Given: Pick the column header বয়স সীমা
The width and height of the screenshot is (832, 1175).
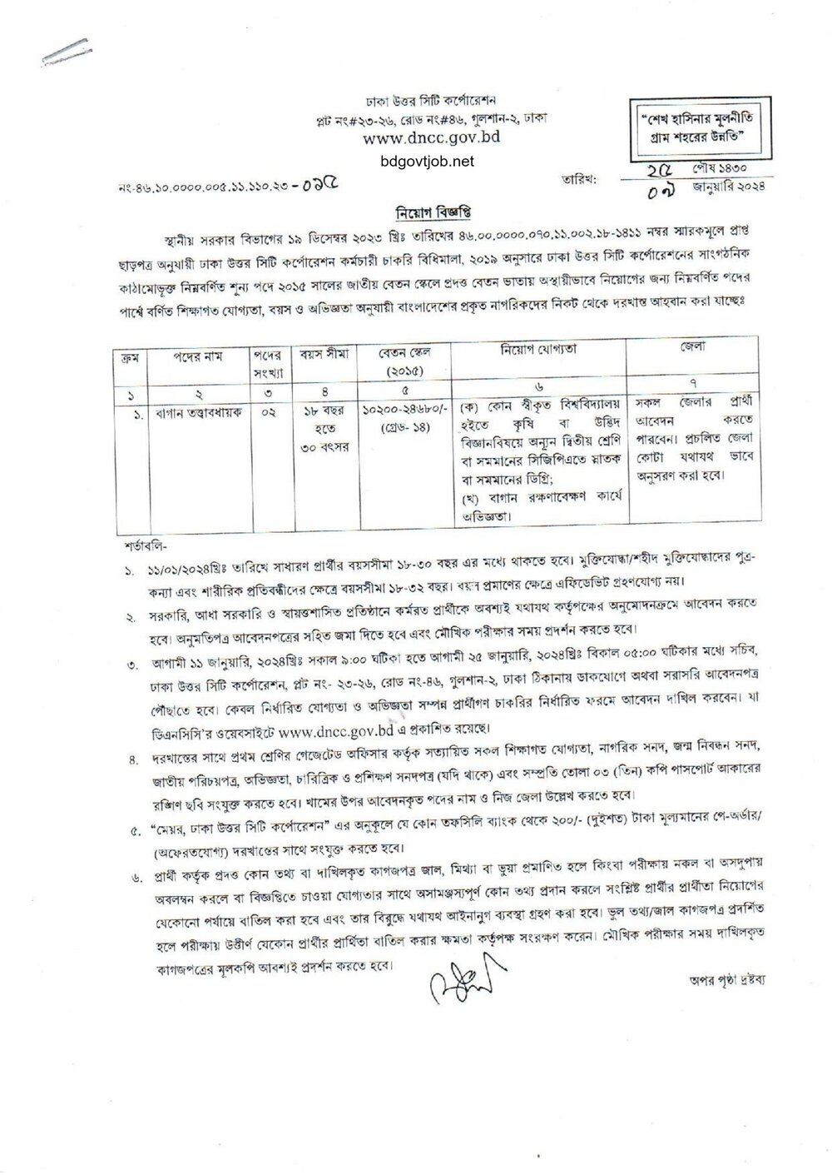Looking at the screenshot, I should click(x=320, y=354).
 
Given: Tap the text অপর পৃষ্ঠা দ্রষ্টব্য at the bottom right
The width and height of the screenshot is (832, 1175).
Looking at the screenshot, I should click(x=719, y=980).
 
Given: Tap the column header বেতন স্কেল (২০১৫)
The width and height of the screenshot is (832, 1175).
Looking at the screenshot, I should click(x=402, y=359).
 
